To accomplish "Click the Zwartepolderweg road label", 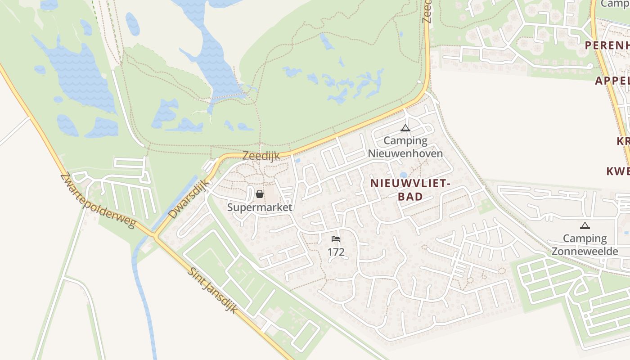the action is pos(97,200).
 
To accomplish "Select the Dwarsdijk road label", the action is pos(189,199).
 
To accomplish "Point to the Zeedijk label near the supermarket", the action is pos(261,156).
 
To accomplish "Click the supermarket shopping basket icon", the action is pos(260,194).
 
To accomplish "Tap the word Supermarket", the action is pos(260,207).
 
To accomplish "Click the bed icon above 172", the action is pos(336,239).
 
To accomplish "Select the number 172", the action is pos(336,252).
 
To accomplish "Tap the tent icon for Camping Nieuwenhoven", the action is pos(405,128).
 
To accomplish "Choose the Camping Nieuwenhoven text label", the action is pos(405,147).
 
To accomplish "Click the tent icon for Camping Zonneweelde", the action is pos(585,225).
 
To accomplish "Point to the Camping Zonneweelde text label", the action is pos(585,245).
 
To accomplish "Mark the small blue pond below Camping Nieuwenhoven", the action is pos(403,175).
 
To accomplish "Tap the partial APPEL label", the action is pos(612,81).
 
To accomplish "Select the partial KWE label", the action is pos(618,171).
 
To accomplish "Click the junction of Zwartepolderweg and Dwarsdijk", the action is pos(156,235).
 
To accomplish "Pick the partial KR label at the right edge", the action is pos(623,141).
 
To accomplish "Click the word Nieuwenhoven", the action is pos(405,153).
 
